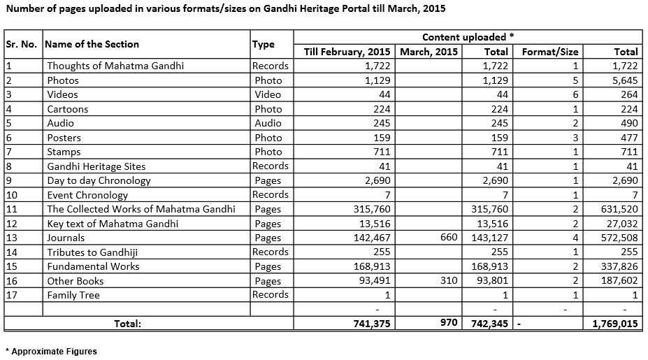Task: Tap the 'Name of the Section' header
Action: tap(92, 43)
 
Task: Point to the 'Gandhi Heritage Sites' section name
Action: tap(96, 166)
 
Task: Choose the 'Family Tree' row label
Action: tap(73, 295)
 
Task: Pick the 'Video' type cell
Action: tap(268, 94)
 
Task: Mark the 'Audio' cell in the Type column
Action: tap(268, 123)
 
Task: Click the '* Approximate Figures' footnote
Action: tap(51, 352)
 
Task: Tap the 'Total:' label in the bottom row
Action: tap(128, 324)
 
